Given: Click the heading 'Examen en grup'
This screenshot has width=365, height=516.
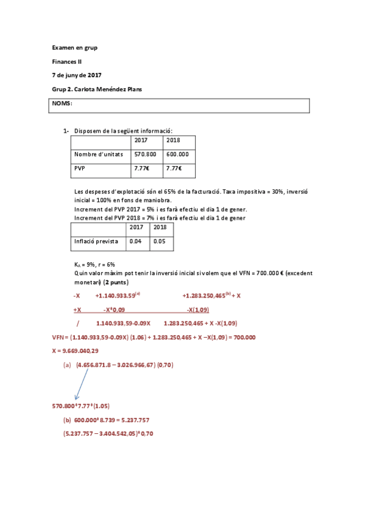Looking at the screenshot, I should click(x=74, y=47).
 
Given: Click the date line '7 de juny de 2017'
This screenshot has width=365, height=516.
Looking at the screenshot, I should click(x=76, y=75).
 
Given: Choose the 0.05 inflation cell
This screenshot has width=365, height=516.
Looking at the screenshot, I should click(x=160, y=241).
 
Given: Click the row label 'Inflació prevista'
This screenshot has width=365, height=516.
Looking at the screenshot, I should click(x=96, y=241).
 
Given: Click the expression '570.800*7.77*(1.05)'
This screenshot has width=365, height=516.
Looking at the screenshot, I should click(x=81, y=405).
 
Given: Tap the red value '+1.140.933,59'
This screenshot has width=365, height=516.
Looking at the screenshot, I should click(x=116, y=296).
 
